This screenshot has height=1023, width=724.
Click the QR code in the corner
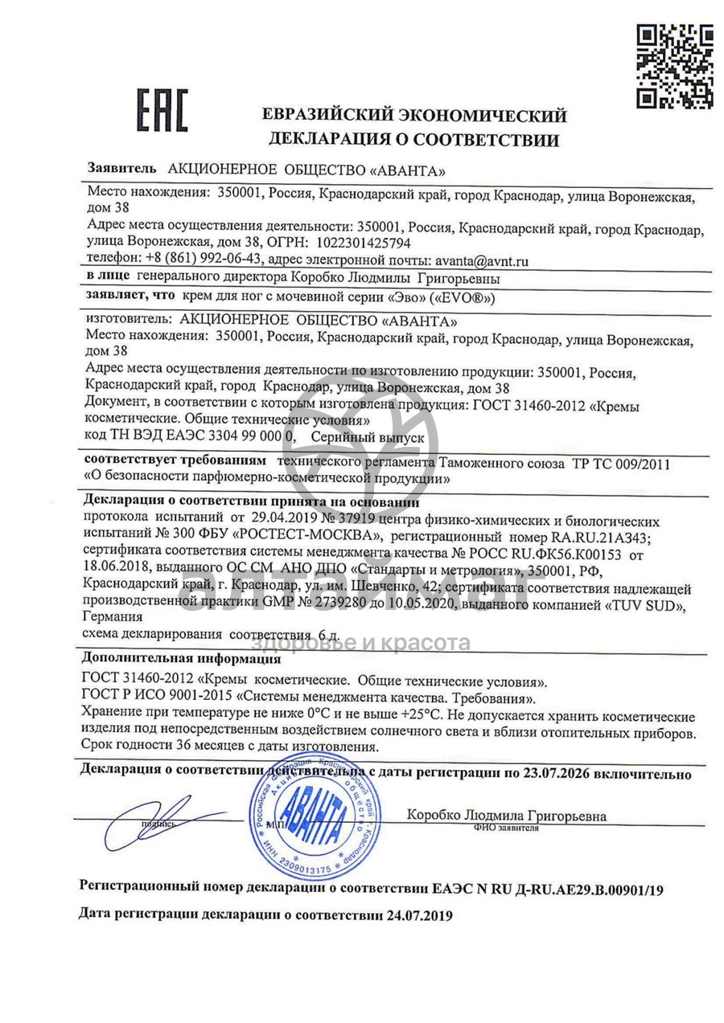coord(675,66)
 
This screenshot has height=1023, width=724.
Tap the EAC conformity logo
coord(161,110)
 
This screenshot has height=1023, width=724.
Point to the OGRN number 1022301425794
coord(365,242)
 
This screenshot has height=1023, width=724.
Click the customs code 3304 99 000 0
coord(239,436)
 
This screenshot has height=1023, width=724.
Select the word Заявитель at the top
coord(121,170)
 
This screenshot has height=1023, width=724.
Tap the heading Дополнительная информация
coord(181,659)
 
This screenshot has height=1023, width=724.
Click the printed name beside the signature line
coord(506,816)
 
